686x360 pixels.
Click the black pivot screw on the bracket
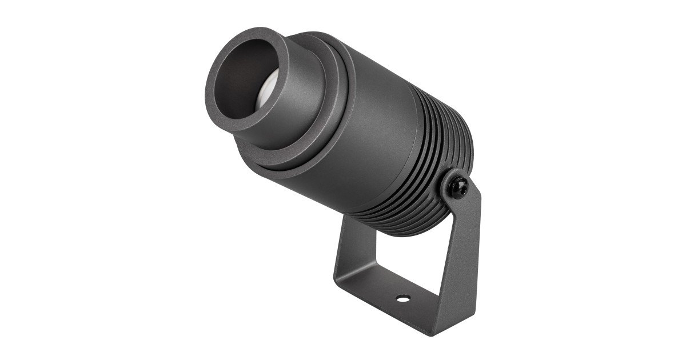(458, 185)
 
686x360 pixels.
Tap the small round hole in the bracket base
(404, 298)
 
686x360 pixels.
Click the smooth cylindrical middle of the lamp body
(377, 143)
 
